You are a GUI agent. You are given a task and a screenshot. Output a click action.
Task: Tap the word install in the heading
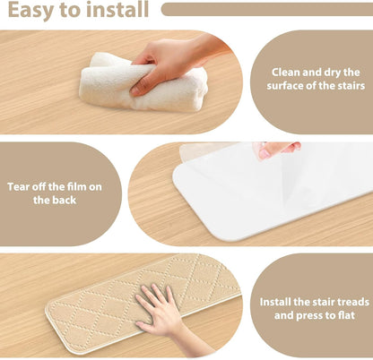[x=117, y=9]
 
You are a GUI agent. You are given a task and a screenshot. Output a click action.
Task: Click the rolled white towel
[x=143, y=82]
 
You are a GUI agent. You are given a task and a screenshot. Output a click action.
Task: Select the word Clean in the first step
[x=285, y=73]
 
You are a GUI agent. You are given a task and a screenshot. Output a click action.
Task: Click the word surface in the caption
[x=285, y=86]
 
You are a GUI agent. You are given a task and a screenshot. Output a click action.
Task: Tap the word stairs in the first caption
[x=351, y=86]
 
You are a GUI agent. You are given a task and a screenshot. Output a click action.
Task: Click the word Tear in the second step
[x=19, y=187]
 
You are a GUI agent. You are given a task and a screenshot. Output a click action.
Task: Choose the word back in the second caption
[x=64, y=200]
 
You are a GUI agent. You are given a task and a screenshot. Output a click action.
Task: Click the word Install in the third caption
[x=275, y=302]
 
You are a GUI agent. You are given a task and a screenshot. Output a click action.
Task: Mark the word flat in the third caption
[x=346, y=315]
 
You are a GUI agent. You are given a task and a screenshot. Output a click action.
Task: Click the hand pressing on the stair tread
[x=161, y=313]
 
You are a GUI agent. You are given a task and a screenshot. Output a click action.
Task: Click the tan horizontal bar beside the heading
[x=267, y=10]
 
